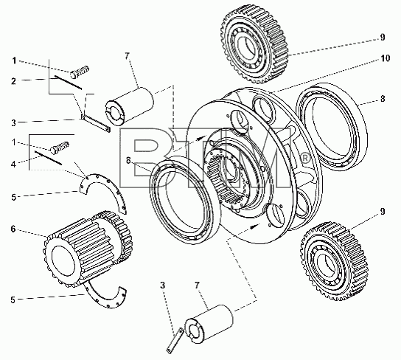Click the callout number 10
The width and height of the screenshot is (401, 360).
click(385, 58)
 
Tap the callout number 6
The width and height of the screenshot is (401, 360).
click(13, 229)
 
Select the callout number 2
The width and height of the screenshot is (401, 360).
click(13, 81)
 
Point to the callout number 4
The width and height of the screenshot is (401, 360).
click(13, 165)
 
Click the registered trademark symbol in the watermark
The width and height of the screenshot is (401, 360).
click(305, 158)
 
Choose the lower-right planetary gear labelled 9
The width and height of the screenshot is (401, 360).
click(335, 260)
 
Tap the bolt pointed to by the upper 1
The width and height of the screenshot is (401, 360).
click(80, 72)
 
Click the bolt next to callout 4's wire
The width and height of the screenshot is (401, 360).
click(60, 148)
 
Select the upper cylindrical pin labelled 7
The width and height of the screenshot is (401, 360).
click(130, 105)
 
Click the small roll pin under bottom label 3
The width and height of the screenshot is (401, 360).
click(175, 341)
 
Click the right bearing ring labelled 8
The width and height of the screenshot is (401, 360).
click(332, 127)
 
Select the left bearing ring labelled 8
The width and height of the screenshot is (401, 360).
click(184, 201)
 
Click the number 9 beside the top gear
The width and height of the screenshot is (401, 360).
click(383, 38)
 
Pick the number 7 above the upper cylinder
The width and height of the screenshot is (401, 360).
click(128, 56)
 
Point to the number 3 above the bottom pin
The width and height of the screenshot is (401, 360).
click(163, 285)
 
